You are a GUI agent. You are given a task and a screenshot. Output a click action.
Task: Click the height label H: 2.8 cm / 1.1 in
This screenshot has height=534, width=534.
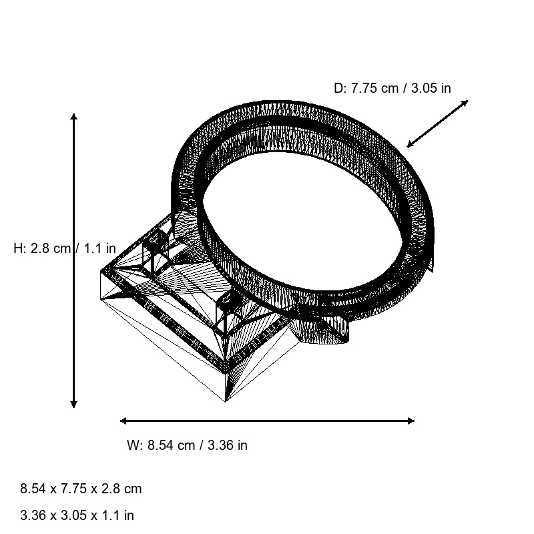[65, 248]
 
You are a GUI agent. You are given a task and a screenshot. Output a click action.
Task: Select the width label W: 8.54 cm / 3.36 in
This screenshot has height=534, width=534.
[187, 445]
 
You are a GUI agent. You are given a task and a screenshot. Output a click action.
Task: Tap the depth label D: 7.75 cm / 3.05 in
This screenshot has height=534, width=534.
[392, 88]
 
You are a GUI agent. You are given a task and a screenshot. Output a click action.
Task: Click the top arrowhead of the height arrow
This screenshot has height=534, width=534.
[73, 117]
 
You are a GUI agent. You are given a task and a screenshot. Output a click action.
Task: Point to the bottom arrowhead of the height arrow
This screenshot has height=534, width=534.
[73, 404]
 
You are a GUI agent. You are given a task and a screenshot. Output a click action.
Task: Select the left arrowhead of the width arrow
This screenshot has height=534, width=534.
[123, 421]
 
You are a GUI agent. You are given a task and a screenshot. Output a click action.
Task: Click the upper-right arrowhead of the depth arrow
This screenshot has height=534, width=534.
[465, 102]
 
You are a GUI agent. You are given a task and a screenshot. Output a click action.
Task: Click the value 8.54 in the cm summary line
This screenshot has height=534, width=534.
[33, 489]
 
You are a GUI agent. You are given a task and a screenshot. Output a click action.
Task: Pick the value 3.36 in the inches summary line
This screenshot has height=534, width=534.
[33, 515]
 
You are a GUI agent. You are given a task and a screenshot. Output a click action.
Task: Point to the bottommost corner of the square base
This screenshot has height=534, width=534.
[226, 401]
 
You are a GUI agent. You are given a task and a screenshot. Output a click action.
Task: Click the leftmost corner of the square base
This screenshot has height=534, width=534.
[101, 272]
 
